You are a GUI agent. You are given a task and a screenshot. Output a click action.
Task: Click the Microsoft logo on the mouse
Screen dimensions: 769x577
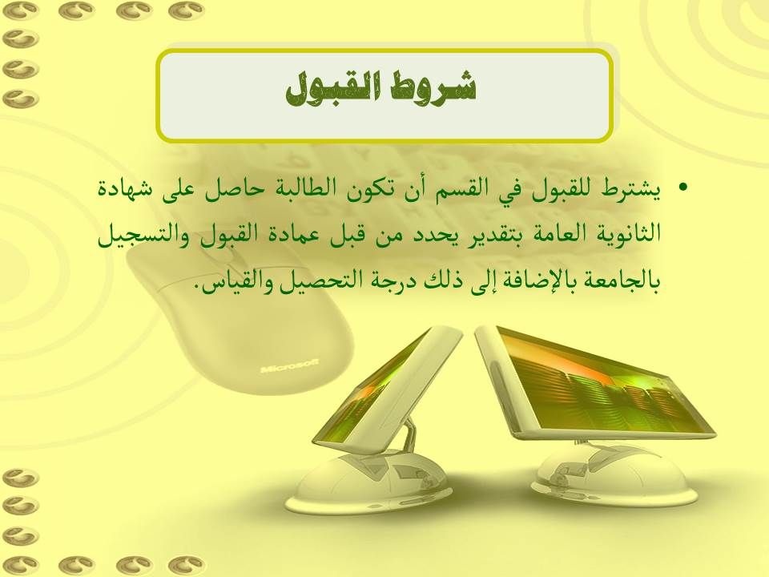[x=290, y=366]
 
